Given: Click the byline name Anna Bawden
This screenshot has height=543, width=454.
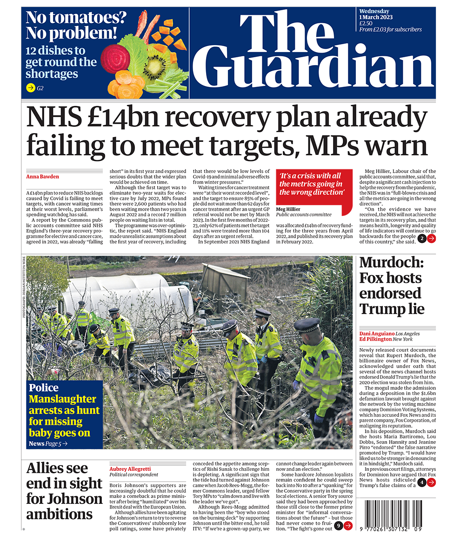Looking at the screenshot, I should click(x=42, y=177).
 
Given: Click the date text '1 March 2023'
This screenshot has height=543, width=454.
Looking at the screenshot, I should click(x=376, y=17).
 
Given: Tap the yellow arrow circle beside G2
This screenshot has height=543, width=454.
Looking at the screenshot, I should click(x=31, y=87).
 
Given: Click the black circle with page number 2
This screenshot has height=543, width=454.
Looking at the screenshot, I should click(x=421, y=239).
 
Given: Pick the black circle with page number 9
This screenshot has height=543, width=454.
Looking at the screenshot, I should click(x=338, y=526).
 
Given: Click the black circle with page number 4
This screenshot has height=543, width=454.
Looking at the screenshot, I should click(x=421, y=483).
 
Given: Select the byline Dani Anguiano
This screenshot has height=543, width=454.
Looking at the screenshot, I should click(x=376, y=334).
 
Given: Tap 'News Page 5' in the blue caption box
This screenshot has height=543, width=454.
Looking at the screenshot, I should click(x=48, y=443).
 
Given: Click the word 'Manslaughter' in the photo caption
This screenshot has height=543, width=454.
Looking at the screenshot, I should click(x=62, y=399).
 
